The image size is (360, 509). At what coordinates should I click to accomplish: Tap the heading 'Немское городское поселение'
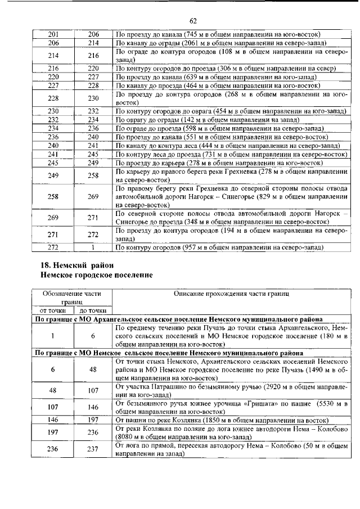tap(96, 274)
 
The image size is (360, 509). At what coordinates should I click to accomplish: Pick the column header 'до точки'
tap(93, 310)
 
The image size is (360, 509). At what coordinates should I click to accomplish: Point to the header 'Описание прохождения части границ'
tap(231, 294)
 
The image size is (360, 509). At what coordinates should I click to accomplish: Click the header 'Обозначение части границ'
tap(72, 298)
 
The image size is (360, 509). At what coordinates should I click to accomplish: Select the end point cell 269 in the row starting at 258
tap(93, 197)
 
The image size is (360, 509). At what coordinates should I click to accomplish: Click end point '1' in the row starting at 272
tap(93, 247)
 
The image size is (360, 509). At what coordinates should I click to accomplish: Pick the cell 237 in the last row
tap(93, 449)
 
